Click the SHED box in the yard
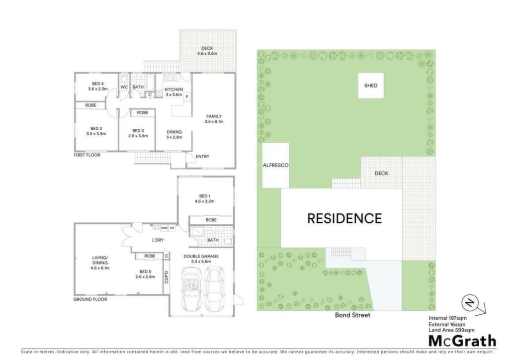371,86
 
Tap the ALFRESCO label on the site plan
275,165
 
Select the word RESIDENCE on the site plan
344,218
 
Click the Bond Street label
352,315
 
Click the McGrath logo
463,341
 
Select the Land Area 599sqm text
451,330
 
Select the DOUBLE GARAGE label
201,256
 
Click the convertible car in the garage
191,288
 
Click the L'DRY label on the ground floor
158,240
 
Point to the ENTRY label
203,157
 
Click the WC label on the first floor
124,87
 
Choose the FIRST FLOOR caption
87,155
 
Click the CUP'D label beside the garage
167,277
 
